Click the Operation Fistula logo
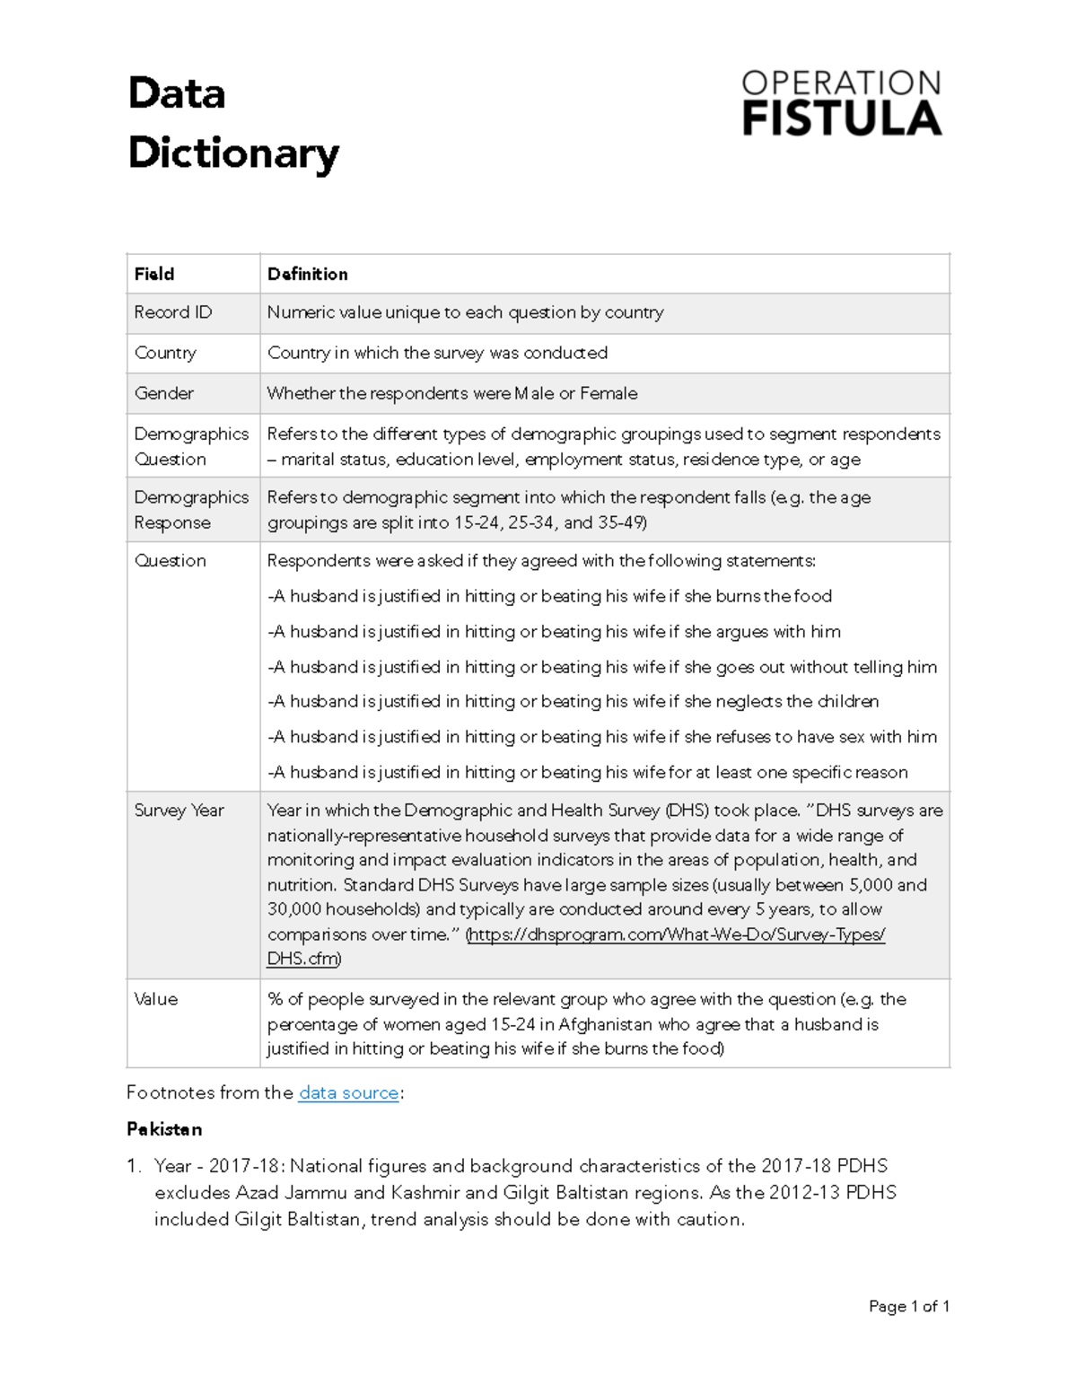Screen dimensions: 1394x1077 [841, 103]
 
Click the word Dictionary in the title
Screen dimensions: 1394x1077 [233, 153]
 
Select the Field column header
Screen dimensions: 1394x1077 [154, 274]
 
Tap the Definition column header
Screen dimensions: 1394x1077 [307, 274]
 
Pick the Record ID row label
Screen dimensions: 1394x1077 [173, 312]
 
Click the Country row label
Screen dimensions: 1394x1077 [165, 353]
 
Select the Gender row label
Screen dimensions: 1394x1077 [164, 393]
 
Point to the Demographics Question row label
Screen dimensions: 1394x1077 [191, 446]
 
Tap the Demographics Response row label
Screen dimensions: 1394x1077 [191, 510]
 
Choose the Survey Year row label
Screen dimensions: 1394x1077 [179, 810]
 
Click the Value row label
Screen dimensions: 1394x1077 [156, 999]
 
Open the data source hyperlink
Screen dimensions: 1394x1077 [348, 1092]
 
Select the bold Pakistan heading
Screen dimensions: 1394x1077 [164, 1129]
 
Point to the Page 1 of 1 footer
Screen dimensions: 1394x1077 [908, 1306]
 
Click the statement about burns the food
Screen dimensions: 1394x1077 [550, 596]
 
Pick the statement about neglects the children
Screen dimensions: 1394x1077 [574, 701]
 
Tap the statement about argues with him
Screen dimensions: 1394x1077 [555, 631]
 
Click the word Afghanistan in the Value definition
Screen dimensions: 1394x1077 [606, 1024]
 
